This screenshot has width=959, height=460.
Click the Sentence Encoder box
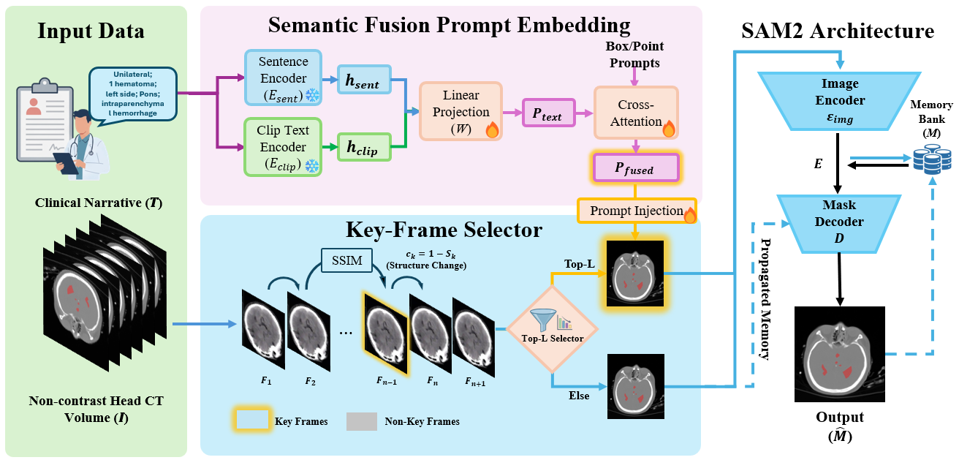tap(281, 78)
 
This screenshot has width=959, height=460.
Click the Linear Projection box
tap(460, 110)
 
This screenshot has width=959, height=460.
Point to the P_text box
tap(548, 115)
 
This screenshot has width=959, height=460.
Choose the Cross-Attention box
tap(636, 112)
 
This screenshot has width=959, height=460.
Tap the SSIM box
tap(346, 261)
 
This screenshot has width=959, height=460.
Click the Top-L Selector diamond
tap(553, 329)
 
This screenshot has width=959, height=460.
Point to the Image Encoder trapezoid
tap(838, 101)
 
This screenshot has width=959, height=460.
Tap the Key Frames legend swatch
tap(254, 421)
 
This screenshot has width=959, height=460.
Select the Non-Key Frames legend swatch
tap(361, 421)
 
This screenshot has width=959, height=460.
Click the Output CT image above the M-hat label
tap(839, 353)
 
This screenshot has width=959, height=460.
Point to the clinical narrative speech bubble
tap(134, 93)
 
